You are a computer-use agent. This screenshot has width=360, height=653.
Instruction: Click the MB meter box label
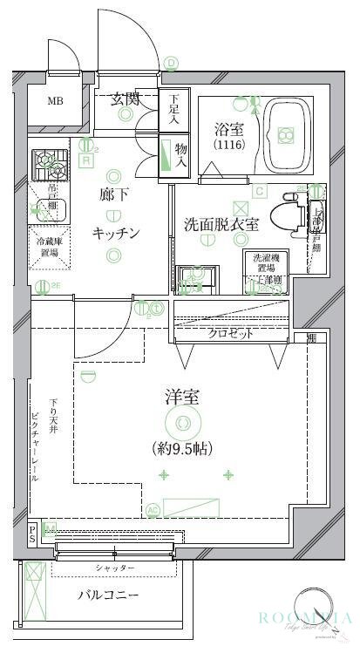tap(55, 101)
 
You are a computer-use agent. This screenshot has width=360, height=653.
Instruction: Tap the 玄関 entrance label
tap(126, 99)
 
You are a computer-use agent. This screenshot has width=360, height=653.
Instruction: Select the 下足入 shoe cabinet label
tap(173, 106)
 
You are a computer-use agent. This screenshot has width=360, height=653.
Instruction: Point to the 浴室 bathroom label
tap(229, 128)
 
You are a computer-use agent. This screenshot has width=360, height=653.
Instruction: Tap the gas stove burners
tap(45, 162)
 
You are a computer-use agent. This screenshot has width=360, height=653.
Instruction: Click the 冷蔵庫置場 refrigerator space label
tap(47, 247)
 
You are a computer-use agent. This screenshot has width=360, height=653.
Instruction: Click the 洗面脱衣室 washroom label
tap(221, 223)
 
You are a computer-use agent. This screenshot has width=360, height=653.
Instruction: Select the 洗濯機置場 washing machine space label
tap(267, 262)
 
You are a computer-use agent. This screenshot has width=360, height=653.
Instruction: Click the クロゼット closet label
tap(230, 333)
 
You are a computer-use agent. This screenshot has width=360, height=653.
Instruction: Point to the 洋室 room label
tap(183, 398)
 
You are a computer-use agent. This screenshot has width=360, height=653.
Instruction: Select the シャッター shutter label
tap(115, 568)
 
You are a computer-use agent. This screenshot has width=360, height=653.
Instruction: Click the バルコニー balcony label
tap(109, 596)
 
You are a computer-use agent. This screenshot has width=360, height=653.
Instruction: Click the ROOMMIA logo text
tap(302, 618)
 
